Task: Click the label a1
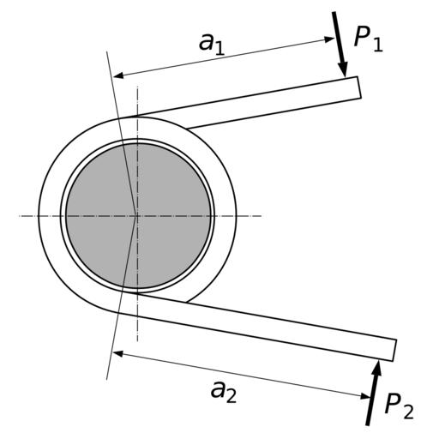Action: pyautogui.click(x=212, y=44)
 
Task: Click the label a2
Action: pyautogui.click(x=224, y=392)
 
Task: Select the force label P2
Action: pyautogui.click(x=399, y=406)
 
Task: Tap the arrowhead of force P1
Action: pyautogui.click(x=343, y=69)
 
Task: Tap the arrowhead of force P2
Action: pyautogui.click(x=377, y=368)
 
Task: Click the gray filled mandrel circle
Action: pyautogui.click(x=138, y=216)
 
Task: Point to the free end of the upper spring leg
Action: pyautogui.click(x=359, y=87)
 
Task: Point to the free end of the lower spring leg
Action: pyautogui.click(x=394, y=351)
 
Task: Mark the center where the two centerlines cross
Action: pyautogui.click(x=137, y=216)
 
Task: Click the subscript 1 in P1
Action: pyautogui.click(x=378, y=45)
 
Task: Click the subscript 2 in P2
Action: pyautogui.click(x=409, y=412)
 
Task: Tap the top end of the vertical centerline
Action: pyautogui.click(x=137, y=86)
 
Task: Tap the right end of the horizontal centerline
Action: pyautogui.click(x=262, y=216)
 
